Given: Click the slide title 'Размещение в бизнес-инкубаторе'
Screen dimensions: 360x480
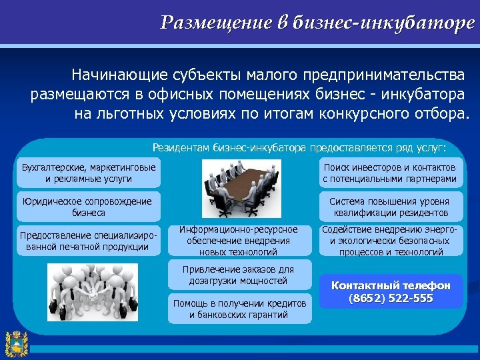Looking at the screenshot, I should tap(317, 23).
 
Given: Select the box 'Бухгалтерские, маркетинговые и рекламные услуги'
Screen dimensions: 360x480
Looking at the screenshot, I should tap(89, 173).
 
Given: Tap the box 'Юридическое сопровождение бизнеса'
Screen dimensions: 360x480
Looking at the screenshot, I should tap(89, 207).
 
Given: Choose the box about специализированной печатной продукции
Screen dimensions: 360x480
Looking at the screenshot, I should tap(89, 241).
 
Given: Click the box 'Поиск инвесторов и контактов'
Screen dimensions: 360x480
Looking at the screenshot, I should tap(390, 173).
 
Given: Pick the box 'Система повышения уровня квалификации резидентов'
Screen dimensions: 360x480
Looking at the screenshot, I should tap(390, 207).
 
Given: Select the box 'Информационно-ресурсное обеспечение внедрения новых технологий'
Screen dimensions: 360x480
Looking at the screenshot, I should tap(238, 241).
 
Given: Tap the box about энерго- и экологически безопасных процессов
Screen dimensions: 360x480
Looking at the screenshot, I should tap(390, 241).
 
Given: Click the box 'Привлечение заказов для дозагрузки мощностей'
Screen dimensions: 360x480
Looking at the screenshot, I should tap(238, 275).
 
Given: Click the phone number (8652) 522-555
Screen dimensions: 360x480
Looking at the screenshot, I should tap(391, 298).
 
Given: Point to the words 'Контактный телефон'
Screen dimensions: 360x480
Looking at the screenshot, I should tap(391, 285).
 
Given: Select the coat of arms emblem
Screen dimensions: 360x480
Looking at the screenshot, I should tap(15, 343).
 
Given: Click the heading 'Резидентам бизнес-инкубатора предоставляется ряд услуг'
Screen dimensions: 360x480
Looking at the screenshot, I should tap(299, 147).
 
